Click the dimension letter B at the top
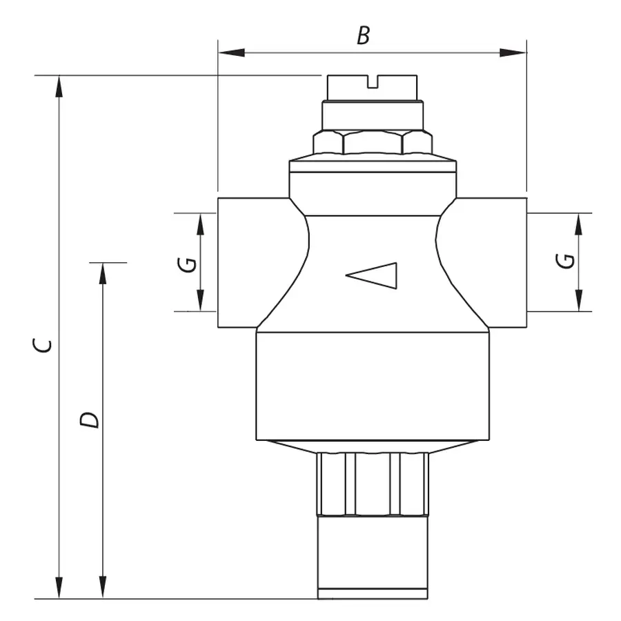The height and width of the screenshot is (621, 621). point(363,37)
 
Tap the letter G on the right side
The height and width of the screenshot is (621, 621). point(565,261)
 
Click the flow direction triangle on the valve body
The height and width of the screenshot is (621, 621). point(373,275)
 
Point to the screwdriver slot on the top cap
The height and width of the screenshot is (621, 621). point(373,84)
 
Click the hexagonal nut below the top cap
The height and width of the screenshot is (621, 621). point(373,143)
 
